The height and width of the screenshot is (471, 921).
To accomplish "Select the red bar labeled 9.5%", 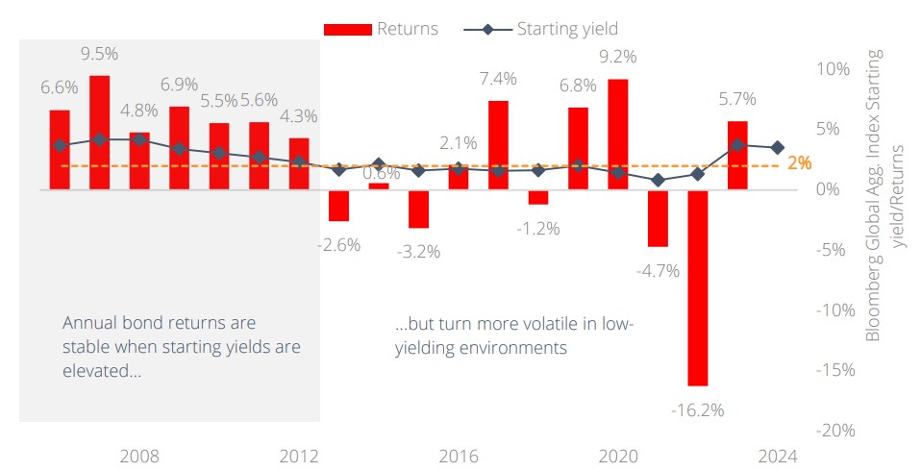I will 99,132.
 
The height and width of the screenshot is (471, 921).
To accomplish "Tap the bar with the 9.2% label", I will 618,135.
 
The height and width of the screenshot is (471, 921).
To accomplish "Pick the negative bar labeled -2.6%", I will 338,205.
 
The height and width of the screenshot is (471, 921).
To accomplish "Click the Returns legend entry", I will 381,29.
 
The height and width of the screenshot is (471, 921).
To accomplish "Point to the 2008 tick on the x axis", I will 139,456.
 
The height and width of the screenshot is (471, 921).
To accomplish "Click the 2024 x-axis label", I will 778,456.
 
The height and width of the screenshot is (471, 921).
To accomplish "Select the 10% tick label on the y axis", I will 833,69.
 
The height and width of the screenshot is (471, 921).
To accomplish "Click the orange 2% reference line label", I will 799,163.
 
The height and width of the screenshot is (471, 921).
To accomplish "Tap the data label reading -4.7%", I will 658,270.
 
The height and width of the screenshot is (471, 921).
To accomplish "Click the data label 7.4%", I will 499,78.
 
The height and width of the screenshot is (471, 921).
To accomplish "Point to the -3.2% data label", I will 418,252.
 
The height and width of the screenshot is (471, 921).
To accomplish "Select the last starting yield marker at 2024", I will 778,147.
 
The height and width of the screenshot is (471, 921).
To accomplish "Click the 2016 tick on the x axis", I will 459,456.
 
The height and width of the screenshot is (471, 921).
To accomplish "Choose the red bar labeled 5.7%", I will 737,155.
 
